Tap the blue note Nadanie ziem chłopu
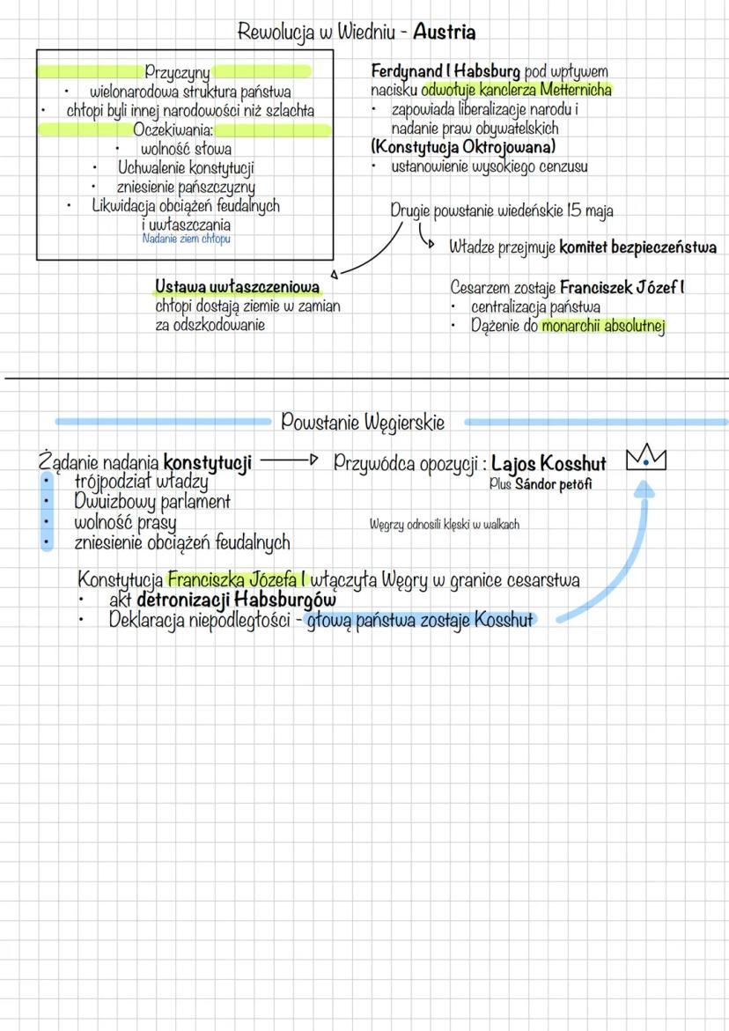(x=186, y=239)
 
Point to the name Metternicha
(x=578, y=89)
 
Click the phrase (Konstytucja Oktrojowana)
(x=463, y=146)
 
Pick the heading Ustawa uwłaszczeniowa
(x=237, y=287)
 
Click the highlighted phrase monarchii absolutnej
(x=603, y=327)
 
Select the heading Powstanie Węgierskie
(x=363, y=423)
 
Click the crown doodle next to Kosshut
(x=647, y=460)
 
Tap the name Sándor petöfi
(x=554, y=484)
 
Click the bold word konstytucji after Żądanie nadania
(x=208, y=461)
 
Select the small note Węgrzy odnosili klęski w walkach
(x=445, y=525)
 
